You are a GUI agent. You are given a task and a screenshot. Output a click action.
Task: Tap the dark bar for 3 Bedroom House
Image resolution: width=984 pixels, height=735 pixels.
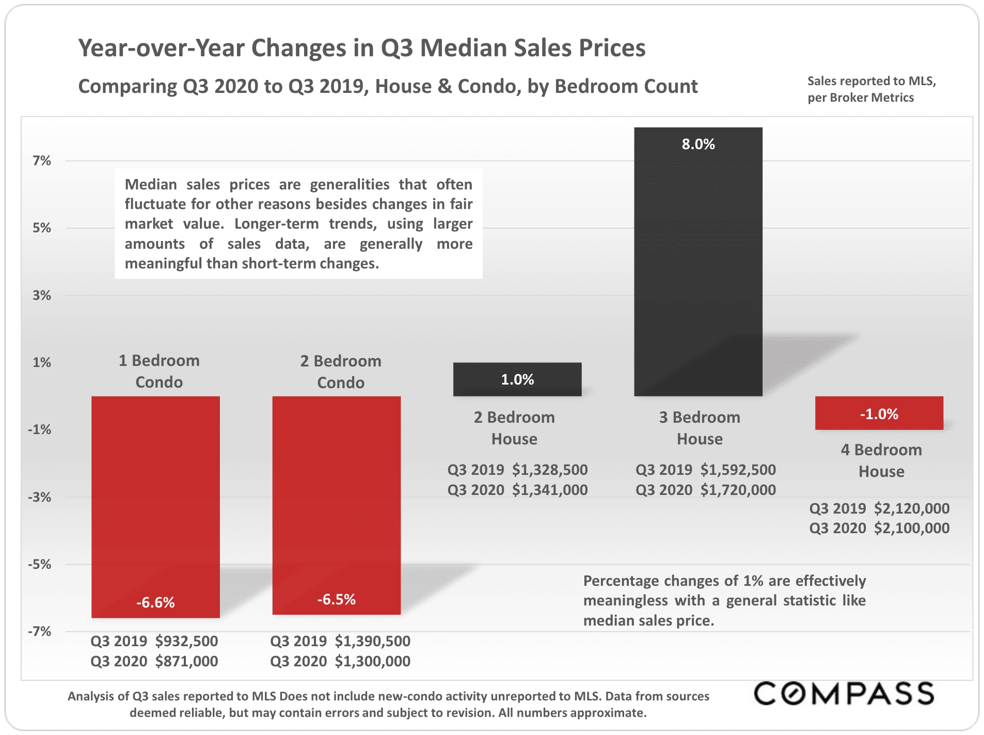coord(698,268)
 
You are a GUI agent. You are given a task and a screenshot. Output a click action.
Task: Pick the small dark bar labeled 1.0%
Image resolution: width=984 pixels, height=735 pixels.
coord(517,379)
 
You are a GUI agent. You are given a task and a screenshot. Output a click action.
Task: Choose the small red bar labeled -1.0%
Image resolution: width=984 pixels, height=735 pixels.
coord(879,413)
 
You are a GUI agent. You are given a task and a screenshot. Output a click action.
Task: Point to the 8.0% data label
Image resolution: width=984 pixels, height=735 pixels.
coord(698,144)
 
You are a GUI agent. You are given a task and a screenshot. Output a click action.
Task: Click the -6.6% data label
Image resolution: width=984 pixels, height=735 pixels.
coord(155,602)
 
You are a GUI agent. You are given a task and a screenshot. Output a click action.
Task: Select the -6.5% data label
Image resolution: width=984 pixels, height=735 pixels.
coord(337,599)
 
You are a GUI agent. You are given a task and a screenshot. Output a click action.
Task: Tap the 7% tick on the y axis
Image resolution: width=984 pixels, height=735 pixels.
coord(42,161)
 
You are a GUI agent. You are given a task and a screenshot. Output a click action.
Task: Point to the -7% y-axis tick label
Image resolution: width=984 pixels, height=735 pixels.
coord(40,631)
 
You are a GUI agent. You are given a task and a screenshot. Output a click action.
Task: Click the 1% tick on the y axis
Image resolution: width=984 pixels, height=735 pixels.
coord(42,362)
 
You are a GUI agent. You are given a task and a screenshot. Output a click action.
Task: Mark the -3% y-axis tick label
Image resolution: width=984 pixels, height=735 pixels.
coord(40,497)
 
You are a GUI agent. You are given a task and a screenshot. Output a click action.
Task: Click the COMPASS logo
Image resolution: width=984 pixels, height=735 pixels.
coord(844,693)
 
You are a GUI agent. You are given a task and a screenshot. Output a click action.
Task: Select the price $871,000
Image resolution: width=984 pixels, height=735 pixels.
coord(186,661)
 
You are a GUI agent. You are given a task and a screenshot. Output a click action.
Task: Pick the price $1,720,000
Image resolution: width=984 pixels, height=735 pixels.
coord(738,490)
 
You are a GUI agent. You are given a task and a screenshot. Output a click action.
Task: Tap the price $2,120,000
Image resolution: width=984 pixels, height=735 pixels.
coord(912,508)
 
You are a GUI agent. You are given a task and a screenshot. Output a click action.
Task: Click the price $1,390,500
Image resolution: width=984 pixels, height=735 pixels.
coord(372,641)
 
